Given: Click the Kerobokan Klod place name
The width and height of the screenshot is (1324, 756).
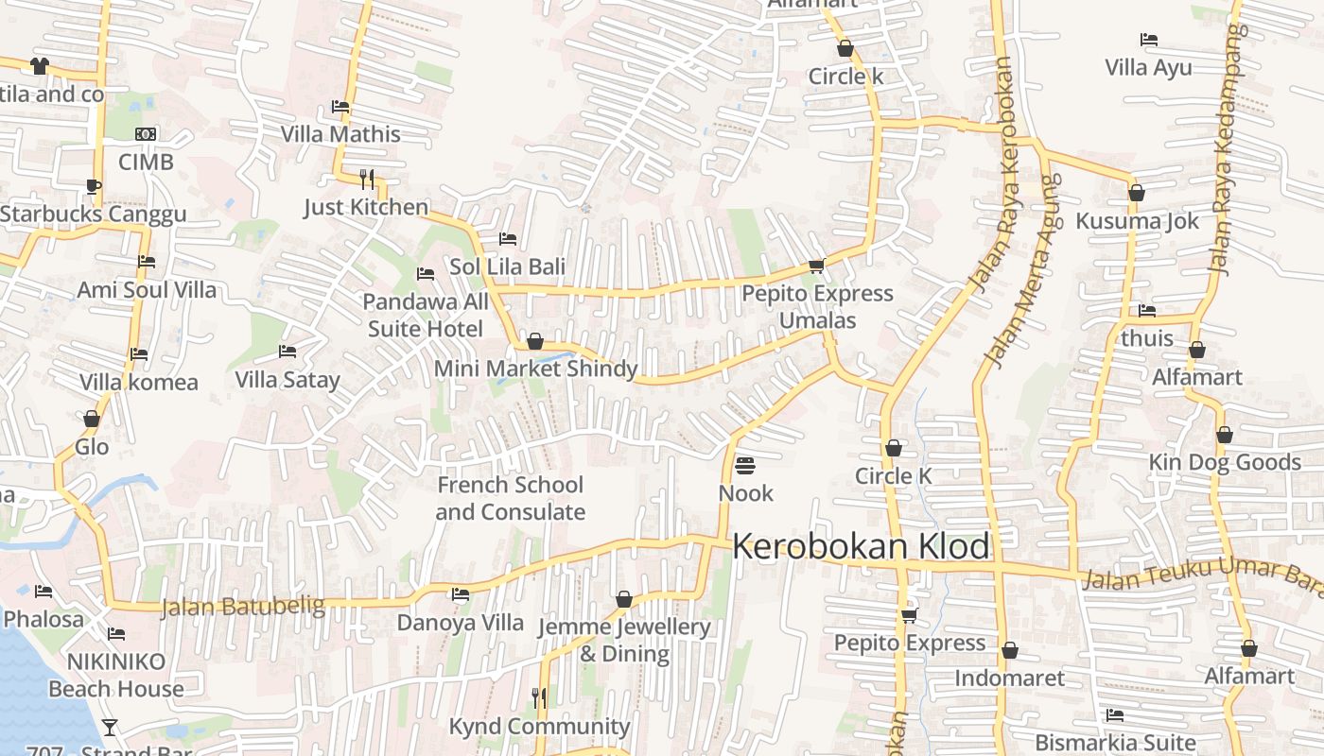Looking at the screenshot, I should (x=861, y=546).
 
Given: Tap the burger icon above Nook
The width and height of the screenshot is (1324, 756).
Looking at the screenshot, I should (x=745, y=465).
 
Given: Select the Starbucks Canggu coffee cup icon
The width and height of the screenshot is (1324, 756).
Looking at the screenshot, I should (x=93, y=186).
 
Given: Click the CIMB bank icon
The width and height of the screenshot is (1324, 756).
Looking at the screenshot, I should (x=146, y=134).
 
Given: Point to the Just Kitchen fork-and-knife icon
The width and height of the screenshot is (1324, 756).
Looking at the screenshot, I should (x=367, y=178).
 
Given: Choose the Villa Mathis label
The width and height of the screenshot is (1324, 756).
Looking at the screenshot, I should (x=340, y=134).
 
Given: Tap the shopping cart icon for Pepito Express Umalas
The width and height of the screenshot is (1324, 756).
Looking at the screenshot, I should (x=816, y=266).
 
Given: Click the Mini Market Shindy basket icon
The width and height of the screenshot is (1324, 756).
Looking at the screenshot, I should (x=535, y=341).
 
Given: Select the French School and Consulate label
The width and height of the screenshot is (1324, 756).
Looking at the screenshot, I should (x=510, y=498).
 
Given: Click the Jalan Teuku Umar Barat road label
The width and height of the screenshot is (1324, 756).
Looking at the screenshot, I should (x=1201, y=574).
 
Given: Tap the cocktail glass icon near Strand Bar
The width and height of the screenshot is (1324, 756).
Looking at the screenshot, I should (x=110, y=727).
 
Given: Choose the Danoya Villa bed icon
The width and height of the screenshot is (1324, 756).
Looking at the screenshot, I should (x=461, y=594).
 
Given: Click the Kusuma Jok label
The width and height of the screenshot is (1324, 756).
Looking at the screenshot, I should (x=1137, y=221).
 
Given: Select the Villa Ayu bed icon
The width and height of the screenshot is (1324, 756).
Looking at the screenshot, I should (x=1149, y=40).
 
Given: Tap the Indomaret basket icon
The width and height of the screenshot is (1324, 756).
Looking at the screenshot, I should (x=1009, y=650).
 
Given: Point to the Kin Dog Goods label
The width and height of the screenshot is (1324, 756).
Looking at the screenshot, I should (x=1225, y=462).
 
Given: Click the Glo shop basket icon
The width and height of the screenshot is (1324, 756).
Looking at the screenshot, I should (x=92, y=419).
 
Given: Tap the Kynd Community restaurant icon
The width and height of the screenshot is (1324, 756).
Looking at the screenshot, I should (x=539, y=697).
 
